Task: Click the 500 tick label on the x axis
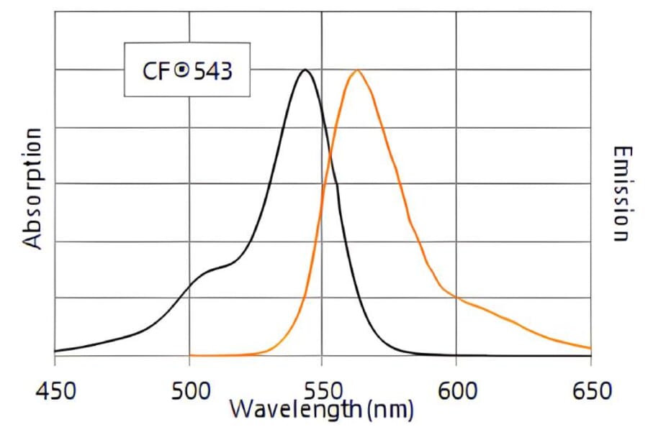click(x=189, y=392)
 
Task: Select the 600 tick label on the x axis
click(x=456, y=392)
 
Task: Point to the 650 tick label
click(x=589, y=392)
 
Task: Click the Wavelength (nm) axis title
click(x=321, y=410)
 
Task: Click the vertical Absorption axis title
click(x=33, y=188)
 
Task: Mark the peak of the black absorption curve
click(x=305, y=70)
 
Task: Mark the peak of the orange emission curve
click(x=356, y=70)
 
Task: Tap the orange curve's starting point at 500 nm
click(x=190, y=355)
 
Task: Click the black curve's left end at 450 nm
click(x=55, y=352)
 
